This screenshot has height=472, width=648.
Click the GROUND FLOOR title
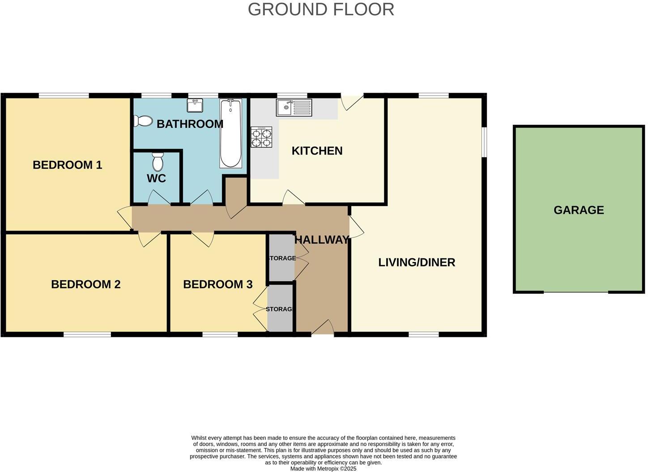tap(321, 9)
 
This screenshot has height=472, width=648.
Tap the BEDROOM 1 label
tap(68, 165)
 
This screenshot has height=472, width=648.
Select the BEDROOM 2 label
tap(85, 284)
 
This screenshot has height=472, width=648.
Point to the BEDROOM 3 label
tap(218, 284)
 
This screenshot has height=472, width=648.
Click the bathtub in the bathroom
tap(230, 134)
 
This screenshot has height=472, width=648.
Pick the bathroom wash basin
tap(195, 105)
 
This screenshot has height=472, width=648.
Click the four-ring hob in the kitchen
tap(261, 137)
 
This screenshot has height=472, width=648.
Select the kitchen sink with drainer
tap(294, 107)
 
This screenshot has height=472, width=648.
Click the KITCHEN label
tap(317, 151)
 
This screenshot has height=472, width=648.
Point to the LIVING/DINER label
tap(417, 262)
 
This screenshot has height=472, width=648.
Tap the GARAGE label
tap(579, 210)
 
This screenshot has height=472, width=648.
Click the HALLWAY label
tap(322, 240)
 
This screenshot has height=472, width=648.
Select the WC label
tap(157, 178)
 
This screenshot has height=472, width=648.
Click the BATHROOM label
tap(190, 124)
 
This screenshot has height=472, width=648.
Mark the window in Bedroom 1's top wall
tap(64, 96)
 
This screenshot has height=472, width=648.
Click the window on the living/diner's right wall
tap(485, 142)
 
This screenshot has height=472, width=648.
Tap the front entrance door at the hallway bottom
tap(323, 328)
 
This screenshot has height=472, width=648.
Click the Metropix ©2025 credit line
tap(324, 469)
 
